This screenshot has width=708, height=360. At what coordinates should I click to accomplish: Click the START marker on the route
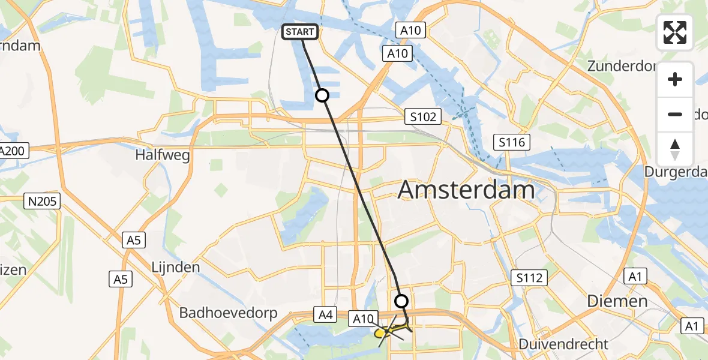pyautogui.click(x=301, y=32)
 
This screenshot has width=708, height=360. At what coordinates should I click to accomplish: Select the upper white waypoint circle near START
pyautogui.click(x=322, y=95)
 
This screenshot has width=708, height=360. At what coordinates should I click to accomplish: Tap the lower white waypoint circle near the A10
pyautogui.click(x=401, y=301)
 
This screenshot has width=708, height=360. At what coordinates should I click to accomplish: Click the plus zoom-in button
pyautogui.click(x=675, y=79)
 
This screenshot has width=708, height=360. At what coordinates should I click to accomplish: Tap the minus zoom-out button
pyautogui.click(x=675, y=114)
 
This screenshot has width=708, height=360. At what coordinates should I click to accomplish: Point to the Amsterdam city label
pyautogui.click(x=466, y=190)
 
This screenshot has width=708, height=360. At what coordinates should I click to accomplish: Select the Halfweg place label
pyautogui.click(x=162, y=155)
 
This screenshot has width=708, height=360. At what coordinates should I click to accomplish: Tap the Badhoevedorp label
pyautogui.click(x=228, y=313)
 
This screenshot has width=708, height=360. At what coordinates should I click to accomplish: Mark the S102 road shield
pyautogui.click(x=422, y=116)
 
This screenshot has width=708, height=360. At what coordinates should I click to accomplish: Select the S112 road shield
pyautogui.click(x=530, y=278)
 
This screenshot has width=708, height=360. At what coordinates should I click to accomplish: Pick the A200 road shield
pyautogui.click(x=12, y=151)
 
